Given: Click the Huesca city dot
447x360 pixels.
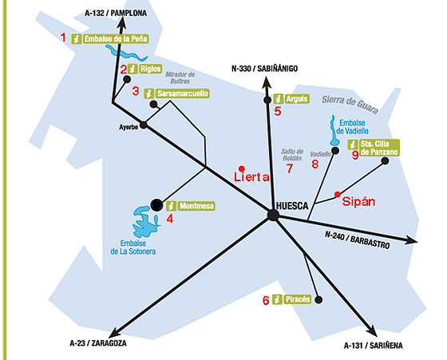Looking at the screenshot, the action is pyautogui.click(x=273, y=215).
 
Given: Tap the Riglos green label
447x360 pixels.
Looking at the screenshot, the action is pyautogui.click(x=151, y=69).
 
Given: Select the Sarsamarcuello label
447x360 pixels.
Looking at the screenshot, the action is pyautogui.click(x=183, y=93).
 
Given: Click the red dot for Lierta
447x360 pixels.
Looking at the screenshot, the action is pyautogui.click(x=242, y=168).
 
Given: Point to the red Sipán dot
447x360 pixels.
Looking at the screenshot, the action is pyautogui.click(x=337, y=195).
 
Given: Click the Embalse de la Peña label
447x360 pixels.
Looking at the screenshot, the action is pyautogui.click(x=116, y=39).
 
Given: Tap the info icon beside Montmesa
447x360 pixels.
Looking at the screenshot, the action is pyautogui.click(x=171, y=206).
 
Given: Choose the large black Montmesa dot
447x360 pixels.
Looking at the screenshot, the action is pyautogui.click(x=156, y=205).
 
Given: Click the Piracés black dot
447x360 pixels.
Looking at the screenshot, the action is pyautogui.click(x=318, y=299).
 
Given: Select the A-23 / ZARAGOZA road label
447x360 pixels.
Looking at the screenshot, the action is pyautogui.click(x=98, y=343).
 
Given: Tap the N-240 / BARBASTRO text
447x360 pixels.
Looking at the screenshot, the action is pyautogui.click(x=358, y=239).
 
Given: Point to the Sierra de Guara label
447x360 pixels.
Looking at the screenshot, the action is pyautogui.click(x=350, y=104).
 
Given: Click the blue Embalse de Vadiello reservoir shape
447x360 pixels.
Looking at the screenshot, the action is pyautogui.click(x=333, y=131).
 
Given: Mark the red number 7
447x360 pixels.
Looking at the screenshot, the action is pyautogui.click(x=290, y=168).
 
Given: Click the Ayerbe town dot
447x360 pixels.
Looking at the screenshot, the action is pyautogui.click(x=144, y=125).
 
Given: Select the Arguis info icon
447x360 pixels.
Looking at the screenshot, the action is pyautogui.click(x=279, y=99).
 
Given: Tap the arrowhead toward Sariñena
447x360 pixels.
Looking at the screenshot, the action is pyautogui.click(x=372, y=331).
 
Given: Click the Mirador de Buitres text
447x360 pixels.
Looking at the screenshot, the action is pyautogui.click(x=180, y=77).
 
